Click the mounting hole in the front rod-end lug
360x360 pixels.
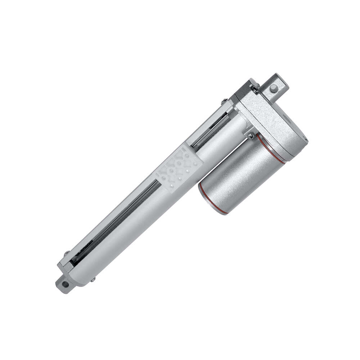[x=65, y=284]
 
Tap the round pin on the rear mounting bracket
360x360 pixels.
[x=274, y=89]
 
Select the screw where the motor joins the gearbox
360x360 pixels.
[x=251, y=136]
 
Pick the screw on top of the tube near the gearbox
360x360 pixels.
[x=224, y=101]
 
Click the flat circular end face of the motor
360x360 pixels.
[x=212, y=196]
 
